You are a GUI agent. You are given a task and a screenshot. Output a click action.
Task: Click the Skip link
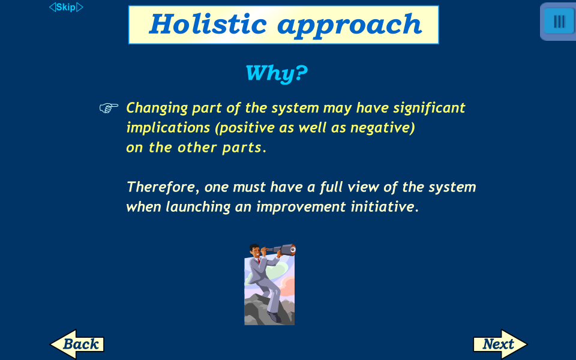tap(66, 7)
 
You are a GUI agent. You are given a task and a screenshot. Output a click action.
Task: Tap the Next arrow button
tap(500, 344)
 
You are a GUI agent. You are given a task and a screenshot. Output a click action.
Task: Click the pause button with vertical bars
tap(559, 22)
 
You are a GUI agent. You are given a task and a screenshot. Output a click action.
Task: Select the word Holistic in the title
tap(208, 24)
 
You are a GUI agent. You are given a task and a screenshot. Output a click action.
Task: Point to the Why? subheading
tap(276, 73)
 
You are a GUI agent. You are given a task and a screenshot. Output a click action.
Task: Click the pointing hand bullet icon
tap(109, 107)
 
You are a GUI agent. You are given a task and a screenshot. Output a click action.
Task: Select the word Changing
tap(157, 108)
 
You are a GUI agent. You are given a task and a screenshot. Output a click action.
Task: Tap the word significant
tap(429, 108)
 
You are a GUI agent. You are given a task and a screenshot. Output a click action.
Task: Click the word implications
tap(168, 128)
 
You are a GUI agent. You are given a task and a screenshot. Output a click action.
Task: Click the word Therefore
tap(161, 187)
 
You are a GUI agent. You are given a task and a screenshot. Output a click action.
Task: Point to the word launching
tap(198, 207)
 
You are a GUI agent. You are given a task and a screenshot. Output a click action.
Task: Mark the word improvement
tap(301, 207)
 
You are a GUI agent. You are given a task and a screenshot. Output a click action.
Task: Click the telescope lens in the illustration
tap(293, 250)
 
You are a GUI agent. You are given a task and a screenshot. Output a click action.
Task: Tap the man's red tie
tap(259, 261)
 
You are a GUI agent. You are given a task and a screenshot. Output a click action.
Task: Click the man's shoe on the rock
tap(274, 317)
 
